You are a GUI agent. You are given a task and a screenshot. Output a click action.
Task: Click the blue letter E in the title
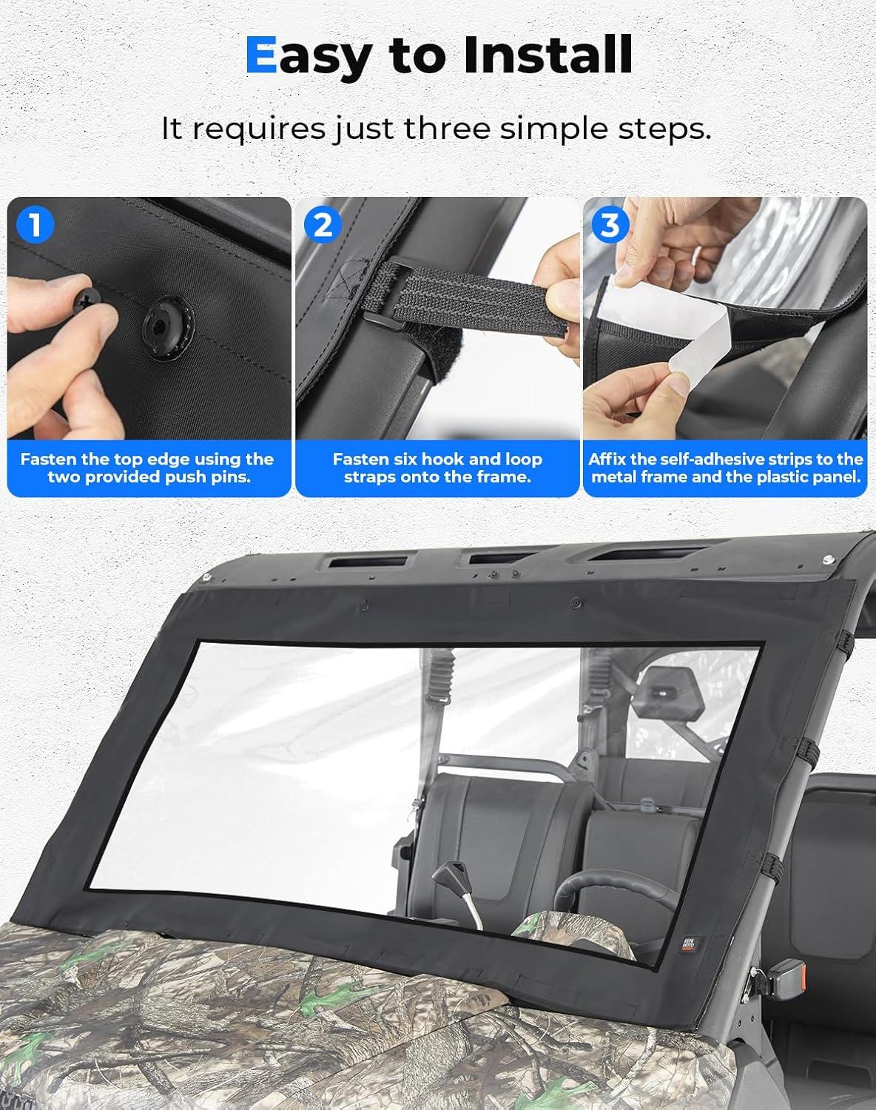tap(262, 55)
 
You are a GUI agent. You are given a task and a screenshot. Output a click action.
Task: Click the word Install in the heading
tap(548, 55)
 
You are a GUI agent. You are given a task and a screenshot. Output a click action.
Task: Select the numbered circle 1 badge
tap(35, 225)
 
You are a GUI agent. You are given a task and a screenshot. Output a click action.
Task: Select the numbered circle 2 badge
tap(323, 225)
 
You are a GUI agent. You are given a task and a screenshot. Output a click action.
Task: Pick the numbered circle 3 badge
tap(610, 225)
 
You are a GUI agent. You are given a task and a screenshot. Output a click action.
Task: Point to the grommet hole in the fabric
tap(165, 325)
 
